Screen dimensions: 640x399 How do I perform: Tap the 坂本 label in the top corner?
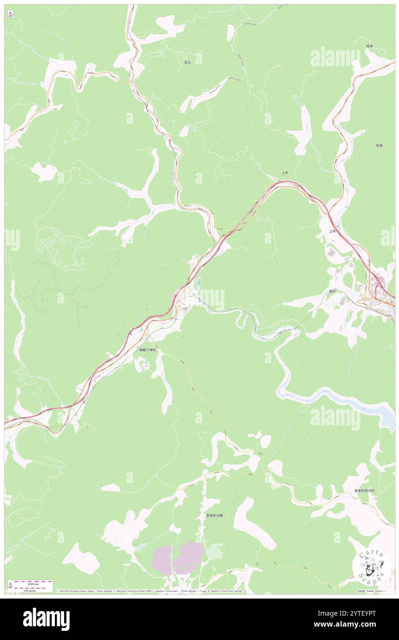(x=370, y=46)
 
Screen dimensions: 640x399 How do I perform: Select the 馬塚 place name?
(x=379, y=145)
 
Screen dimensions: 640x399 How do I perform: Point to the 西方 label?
(x=332, y=291)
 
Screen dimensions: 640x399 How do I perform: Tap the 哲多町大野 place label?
(x=214, y=516)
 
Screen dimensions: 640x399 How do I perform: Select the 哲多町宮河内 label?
(x=364, y=491)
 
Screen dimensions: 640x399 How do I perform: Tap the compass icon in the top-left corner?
(x=10, y=14)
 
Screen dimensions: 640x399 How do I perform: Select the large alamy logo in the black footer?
(x=46, y=619)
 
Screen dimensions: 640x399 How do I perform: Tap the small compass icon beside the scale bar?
(x=10, y=585)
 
